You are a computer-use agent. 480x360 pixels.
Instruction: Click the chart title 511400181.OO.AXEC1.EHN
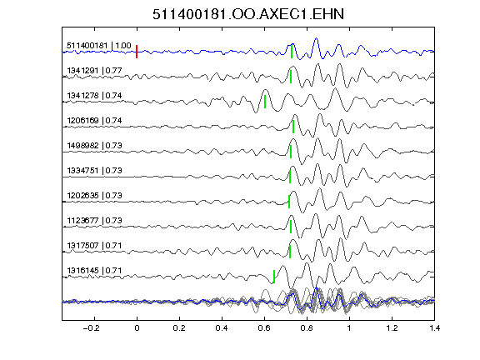click(x=248, y=14)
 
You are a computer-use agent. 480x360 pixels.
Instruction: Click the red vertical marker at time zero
click(x=137, y=52)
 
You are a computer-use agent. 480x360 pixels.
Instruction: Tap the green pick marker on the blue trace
click(x=292, y=52)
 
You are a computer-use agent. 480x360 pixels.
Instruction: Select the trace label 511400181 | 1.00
click(x=98, y=46)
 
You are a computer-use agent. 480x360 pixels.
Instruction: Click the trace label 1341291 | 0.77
click(x=94, y=71)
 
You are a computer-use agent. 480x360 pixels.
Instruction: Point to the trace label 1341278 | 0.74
click(x=94, y=96)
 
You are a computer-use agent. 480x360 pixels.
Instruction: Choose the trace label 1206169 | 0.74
click(x=94, y=121)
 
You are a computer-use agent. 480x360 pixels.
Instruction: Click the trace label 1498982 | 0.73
click(x=94, y=145)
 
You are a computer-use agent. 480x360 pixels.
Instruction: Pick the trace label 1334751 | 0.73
click(x=94, y=171)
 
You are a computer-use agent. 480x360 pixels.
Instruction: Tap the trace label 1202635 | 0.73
click(x=94, y=196)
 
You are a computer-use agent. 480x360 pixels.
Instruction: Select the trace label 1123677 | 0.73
click(x=94, y=221)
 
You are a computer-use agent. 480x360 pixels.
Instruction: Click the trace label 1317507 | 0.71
click(x=94, y=246)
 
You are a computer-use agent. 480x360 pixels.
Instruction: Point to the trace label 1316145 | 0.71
click(x=94, y=271)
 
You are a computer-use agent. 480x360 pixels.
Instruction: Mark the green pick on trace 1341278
click(x=265, y=102)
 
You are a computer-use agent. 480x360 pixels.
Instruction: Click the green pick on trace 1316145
click(x=274, y=277)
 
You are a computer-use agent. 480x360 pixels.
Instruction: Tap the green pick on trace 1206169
click(x=293, y=127)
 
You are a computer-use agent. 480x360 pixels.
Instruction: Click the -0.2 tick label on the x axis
click(x=91, y=328)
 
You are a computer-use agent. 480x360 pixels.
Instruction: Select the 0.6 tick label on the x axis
click(x=264, y=328)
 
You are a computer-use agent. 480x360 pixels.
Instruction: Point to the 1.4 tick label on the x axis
click(x=434, y=328)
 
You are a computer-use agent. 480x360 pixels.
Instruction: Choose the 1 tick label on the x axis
click(x=349, y=328)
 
